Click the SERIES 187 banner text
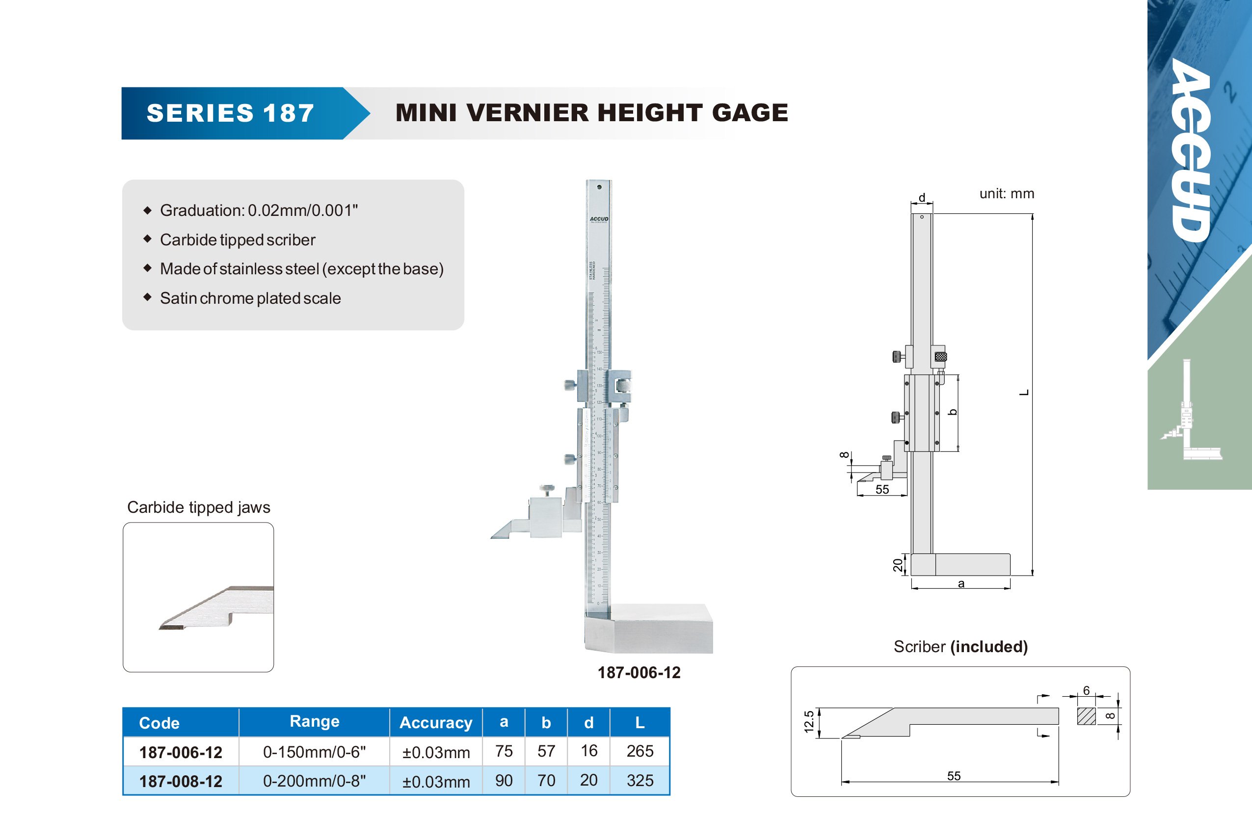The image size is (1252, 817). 230,113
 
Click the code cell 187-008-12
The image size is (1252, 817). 181,781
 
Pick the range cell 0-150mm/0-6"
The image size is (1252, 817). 314,752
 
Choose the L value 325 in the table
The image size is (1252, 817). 639,780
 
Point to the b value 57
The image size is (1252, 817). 546,751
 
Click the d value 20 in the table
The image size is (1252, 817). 588,780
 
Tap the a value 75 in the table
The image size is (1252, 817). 504,751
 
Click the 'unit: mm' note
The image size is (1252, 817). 1006,194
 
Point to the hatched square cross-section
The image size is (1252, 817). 1086,716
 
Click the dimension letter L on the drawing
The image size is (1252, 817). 1024,393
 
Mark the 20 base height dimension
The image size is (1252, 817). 898,565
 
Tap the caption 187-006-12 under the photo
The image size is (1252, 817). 639,672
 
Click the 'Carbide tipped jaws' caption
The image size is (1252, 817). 198,507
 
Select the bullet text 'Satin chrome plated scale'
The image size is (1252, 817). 250,298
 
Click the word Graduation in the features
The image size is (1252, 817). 202,211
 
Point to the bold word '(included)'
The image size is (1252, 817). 988,647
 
